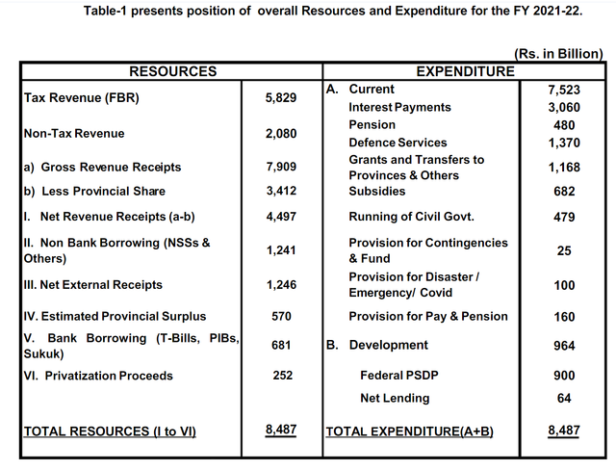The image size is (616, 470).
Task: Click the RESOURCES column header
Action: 173,71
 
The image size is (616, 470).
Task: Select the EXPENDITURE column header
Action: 465,71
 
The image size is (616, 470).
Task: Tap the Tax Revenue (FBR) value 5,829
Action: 281,97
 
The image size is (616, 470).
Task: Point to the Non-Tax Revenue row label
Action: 74,133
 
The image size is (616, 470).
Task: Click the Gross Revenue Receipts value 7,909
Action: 281,167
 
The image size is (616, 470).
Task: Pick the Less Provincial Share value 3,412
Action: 281,191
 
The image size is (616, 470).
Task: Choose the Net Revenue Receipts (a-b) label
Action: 109,217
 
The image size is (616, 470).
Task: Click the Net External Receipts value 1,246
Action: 281,284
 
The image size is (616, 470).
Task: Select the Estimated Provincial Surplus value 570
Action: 281,316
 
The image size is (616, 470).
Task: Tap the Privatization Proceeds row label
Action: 98,376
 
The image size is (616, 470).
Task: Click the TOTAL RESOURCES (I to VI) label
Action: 110,431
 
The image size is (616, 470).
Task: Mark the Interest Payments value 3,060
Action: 564,107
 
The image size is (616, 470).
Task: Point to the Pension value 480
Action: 564,125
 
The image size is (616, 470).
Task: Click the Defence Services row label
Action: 398,143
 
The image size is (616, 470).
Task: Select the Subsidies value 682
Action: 564,191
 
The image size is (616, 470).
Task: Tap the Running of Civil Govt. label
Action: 411,217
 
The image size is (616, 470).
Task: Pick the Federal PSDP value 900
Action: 564,376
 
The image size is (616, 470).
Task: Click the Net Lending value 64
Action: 564,398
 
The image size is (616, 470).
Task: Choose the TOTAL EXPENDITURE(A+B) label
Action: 409,431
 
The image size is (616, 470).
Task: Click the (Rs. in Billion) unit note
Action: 558,53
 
